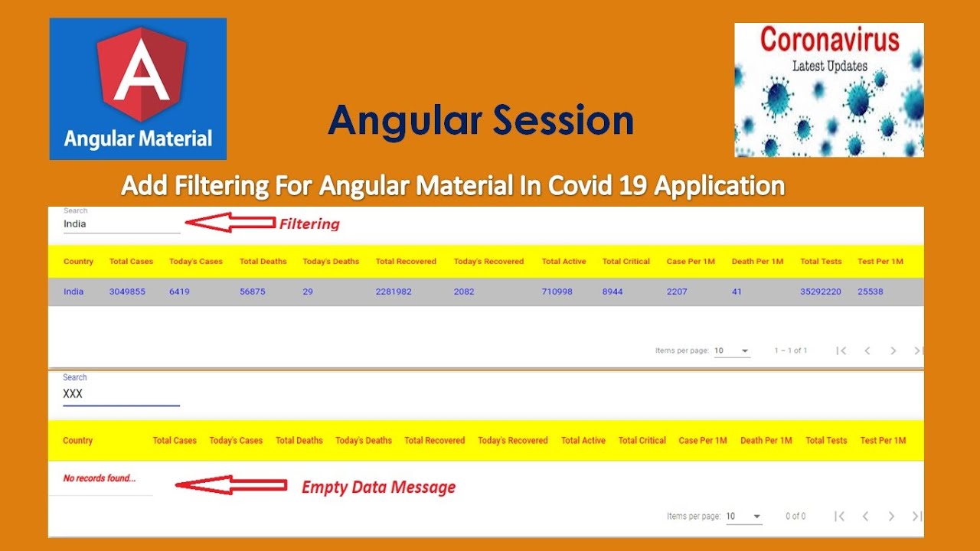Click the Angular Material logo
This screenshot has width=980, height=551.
138,89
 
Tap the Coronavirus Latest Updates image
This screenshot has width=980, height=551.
828,90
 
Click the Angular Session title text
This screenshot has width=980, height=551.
481,121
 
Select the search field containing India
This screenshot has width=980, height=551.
121,224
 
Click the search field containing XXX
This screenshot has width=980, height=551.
121,394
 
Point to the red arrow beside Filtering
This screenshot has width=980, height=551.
230,223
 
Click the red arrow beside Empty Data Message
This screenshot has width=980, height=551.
230,485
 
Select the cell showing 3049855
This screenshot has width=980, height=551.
127,292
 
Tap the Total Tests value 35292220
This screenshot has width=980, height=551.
821,292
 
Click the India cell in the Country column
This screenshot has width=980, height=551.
73,292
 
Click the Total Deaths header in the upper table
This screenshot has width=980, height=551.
263,262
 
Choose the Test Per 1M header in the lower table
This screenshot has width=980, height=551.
883,441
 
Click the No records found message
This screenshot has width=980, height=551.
100,478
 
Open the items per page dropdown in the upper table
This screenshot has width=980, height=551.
732,350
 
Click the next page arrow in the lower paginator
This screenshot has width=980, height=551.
891,517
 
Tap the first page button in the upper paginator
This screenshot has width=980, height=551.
841,350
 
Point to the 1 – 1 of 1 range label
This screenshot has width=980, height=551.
790,350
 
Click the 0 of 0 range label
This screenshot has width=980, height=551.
795,517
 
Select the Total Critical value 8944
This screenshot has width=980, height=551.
612,292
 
